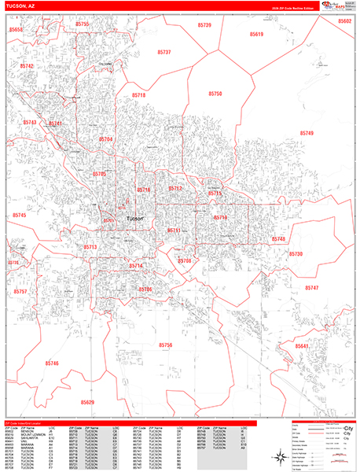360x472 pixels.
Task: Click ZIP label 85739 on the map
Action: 204,25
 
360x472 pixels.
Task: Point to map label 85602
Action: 343,21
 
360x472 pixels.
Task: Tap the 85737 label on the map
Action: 164,52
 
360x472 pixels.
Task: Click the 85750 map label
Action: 215,94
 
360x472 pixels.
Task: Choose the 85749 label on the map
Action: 306,134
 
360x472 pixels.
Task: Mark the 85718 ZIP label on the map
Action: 138,95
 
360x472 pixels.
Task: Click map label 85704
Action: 106,139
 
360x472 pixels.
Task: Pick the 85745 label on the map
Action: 19,215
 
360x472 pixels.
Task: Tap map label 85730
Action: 296,254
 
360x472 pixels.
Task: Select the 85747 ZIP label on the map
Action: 312,289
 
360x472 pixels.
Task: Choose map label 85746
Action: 52,363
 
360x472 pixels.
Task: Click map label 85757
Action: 20,292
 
